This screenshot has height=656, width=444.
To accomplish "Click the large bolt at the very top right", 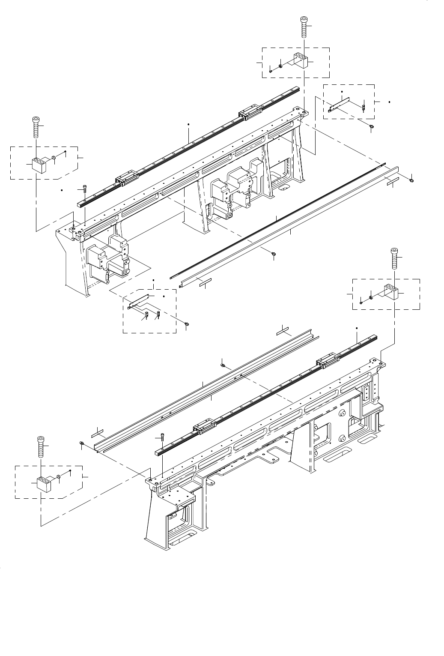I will pos(304,26).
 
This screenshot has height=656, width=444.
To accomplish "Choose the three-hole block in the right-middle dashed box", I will pos(391,293).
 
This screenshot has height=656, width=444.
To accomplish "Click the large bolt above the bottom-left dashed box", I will pos(40,446).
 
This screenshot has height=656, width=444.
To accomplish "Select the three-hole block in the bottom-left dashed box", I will pos(44,484).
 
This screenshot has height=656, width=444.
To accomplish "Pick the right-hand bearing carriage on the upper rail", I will pos(248,111).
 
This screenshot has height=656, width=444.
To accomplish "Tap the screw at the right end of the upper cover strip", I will pos(411,180).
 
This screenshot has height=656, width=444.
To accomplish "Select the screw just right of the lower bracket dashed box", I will pos(186,325).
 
